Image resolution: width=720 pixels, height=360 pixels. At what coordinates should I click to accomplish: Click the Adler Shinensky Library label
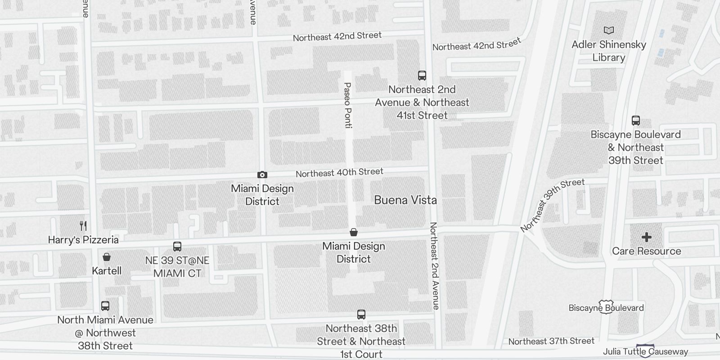[x=608, y=51]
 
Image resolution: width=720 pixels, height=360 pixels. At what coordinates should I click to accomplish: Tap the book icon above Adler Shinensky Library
[x=608, y=31]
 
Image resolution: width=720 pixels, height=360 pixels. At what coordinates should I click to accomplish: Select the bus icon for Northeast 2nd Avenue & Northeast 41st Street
[x=422, y=76]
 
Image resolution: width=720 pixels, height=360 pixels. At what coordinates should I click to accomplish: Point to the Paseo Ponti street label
[x=347, y=105]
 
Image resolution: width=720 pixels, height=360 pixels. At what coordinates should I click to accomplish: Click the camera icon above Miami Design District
[x=262, y=175]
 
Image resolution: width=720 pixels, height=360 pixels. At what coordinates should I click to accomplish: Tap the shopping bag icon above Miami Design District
[x=354, y=232]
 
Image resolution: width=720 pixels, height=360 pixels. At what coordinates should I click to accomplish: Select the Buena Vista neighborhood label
[x=405, y=200]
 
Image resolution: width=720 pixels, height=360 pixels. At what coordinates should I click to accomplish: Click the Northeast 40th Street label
[x=339, y=172]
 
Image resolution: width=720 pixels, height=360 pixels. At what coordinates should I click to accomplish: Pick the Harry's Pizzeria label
[x=83, y=239]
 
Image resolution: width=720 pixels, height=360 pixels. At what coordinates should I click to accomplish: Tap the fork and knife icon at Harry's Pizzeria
[x=83, y=225]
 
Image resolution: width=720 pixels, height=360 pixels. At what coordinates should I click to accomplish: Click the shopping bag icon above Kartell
[x=107, y=257]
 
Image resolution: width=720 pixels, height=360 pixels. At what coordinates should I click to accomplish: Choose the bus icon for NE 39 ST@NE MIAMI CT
[x=177, y=247]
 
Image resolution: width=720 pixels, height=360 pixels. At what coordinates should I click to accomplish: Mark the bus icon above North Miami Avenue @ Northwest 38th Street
[x=105, y=306]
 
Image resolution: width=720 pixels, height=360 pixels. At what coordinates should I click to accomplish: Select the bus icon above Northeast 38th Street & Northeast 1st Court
[x=361, y=315]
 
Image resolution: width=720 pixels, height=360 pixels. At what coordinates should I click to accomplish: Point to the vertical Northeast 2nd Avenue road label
[x=434, y=265]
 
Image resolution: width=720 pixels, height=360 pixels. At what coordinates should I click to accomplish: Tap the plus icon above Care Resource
[x=647, y=237]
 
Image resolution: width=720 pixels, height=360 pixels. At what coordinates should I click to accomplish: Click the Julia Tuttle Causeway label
[x=645, y=351]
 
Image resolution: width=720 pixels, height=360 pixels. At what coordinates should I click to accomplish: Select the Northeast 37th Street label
[x=551, y=342]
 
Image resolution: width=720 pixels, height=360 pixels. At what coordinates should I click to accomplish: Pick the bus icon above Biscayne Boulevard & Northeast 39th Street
[x=635, y=121]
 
